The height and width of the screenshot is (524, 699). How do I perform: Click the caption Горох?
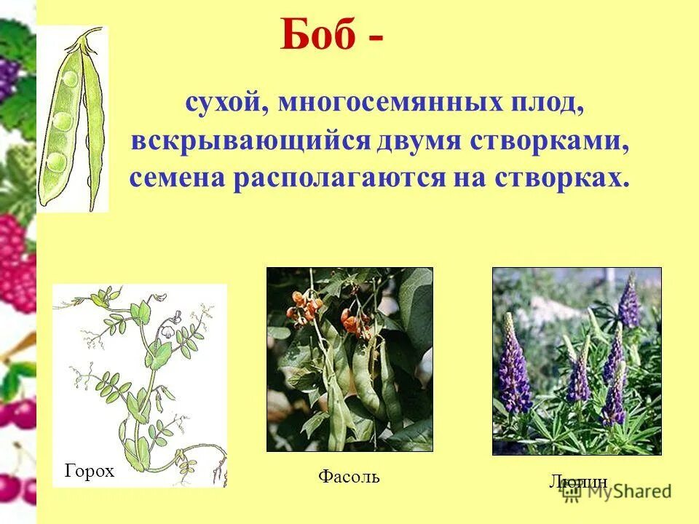(x=90, y=472)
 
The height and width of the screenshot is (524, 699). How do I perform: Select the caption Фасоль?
(x=349, y=477)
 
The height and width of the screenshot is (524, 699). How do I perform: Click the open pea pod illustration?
(x=74, y=120)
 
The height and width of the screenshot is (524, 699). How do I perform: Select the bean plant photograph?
(x=349, y=360)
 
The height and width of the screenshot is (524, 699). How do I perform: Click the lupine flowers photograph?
(x=577, y=361)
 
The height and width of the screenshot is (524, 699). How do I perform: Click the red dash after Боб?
(x=371, y=40)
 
